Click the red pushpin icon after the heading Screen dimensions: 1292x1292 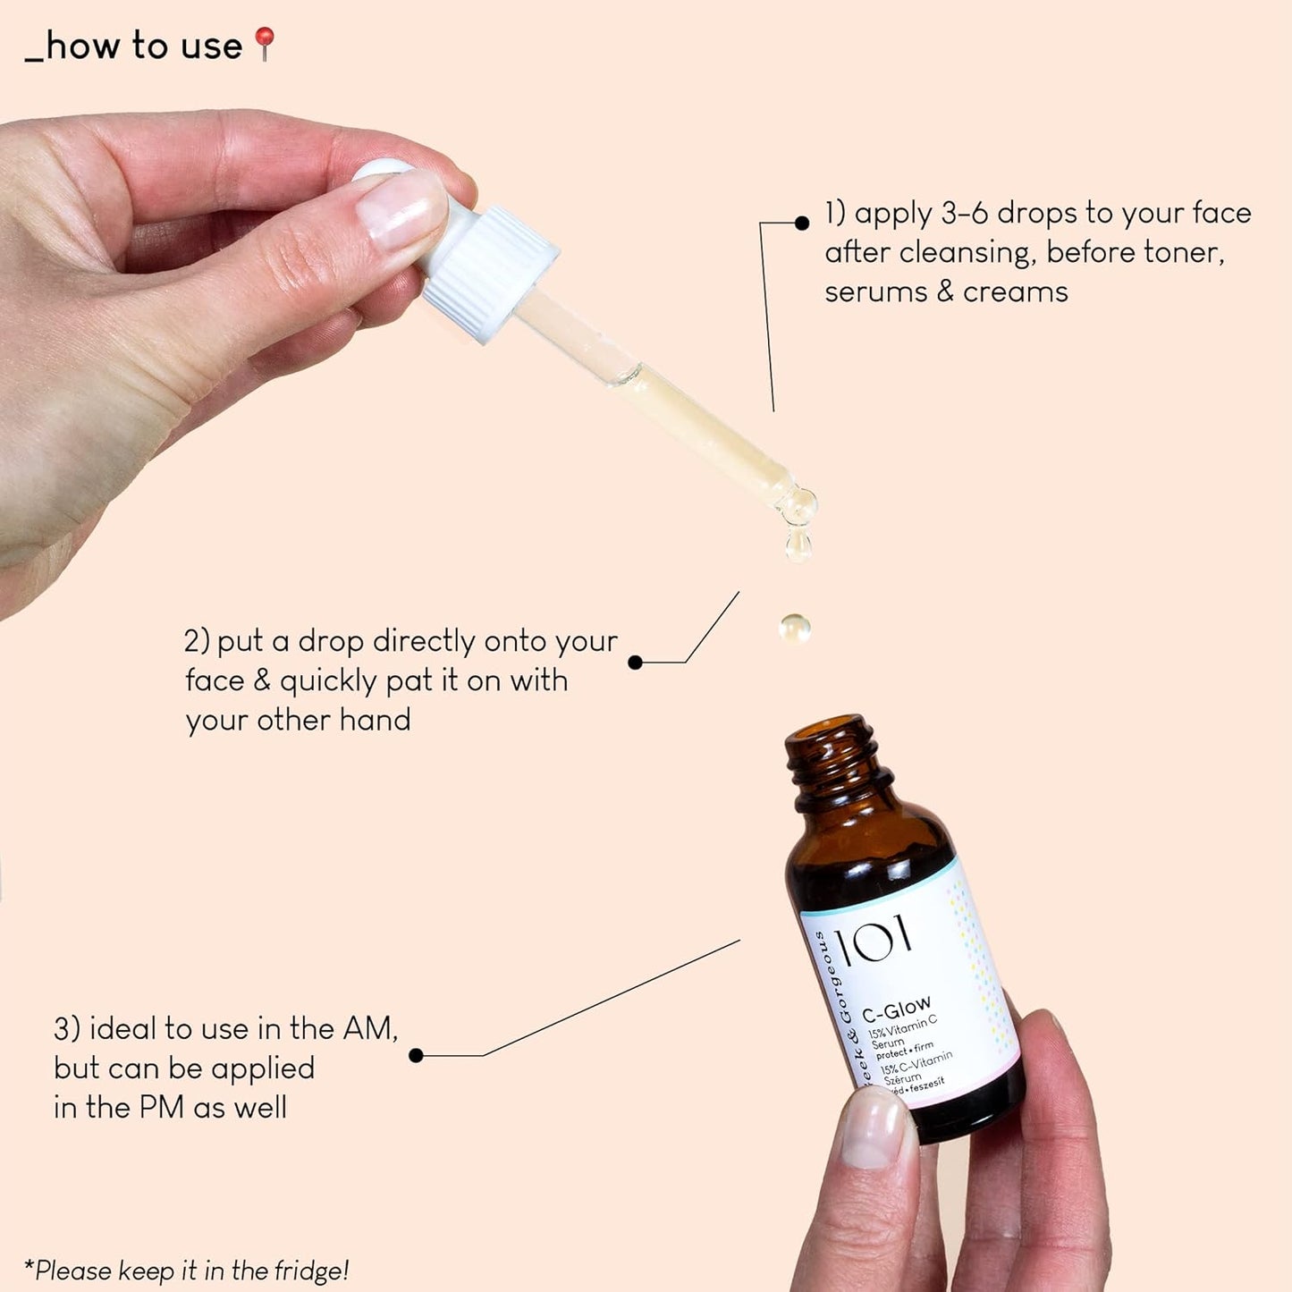coord(265,43)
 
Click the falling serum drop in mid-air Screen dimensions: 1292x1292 coord(794,628)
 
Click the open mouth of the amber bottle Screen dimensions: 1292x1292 coord(830,731)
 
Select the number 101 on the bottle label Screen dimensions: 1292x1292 coord(874,939)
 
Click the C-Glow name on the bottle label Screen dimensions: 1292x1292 coord(896,1009)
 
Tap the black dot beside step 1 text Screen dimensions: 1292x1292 coord(802,223)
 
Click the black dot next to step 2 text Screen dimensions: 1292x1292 coord(635,663)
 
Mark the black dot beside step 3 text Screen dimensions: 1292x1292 coord(416,1056)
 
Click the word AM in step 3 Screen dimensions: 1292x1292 coord(367,1029)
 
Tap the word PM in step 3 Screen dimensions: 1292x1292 coord(161,1108)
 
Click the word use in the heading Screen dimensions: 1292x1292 coord(211,46)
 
